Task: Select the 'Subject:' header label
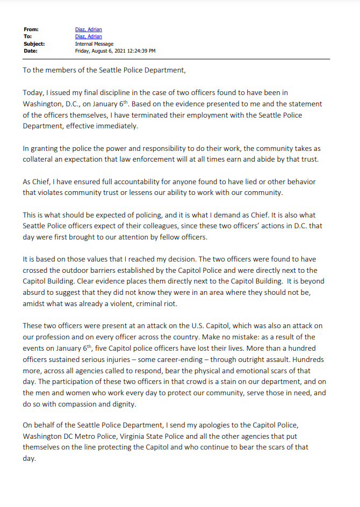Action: click(x=34, y=44)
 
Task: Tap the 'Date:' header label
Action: click(x=30, y=50)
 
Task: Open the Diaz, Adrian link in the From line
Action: click(x=88, y=30)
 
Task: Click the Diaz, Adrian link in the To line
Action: click(x=88, y=37)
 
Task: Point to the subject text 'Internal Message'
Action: click(x=94, y=44)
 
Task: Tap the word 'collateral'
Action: click(x=42, y=160)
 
